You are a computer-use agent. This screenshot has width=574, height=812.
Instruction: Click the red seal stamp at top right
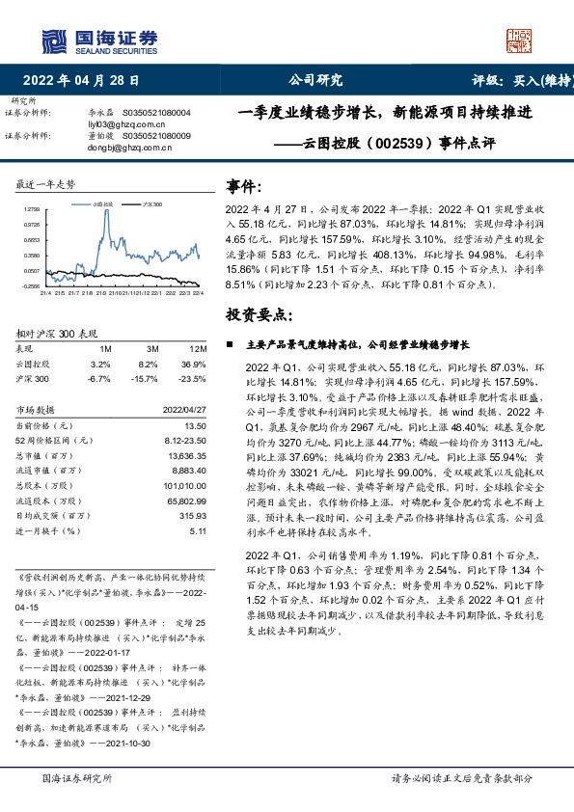[519, 41]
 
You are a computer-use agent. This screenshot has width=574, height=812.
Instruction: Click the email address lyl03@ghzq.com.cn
[120, 123]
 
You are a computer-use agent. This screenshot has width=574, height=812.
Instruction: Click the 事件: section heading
[243, 186]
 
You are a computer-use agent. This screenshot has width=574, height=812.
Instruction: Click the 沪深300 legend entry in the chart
[150, 205]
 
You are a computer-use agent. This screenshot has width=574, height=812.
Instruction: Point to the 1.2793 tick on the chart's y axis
[31, 209]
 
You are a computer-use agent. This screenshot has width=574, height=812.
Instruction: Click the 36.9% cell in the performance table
[197, 365]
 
